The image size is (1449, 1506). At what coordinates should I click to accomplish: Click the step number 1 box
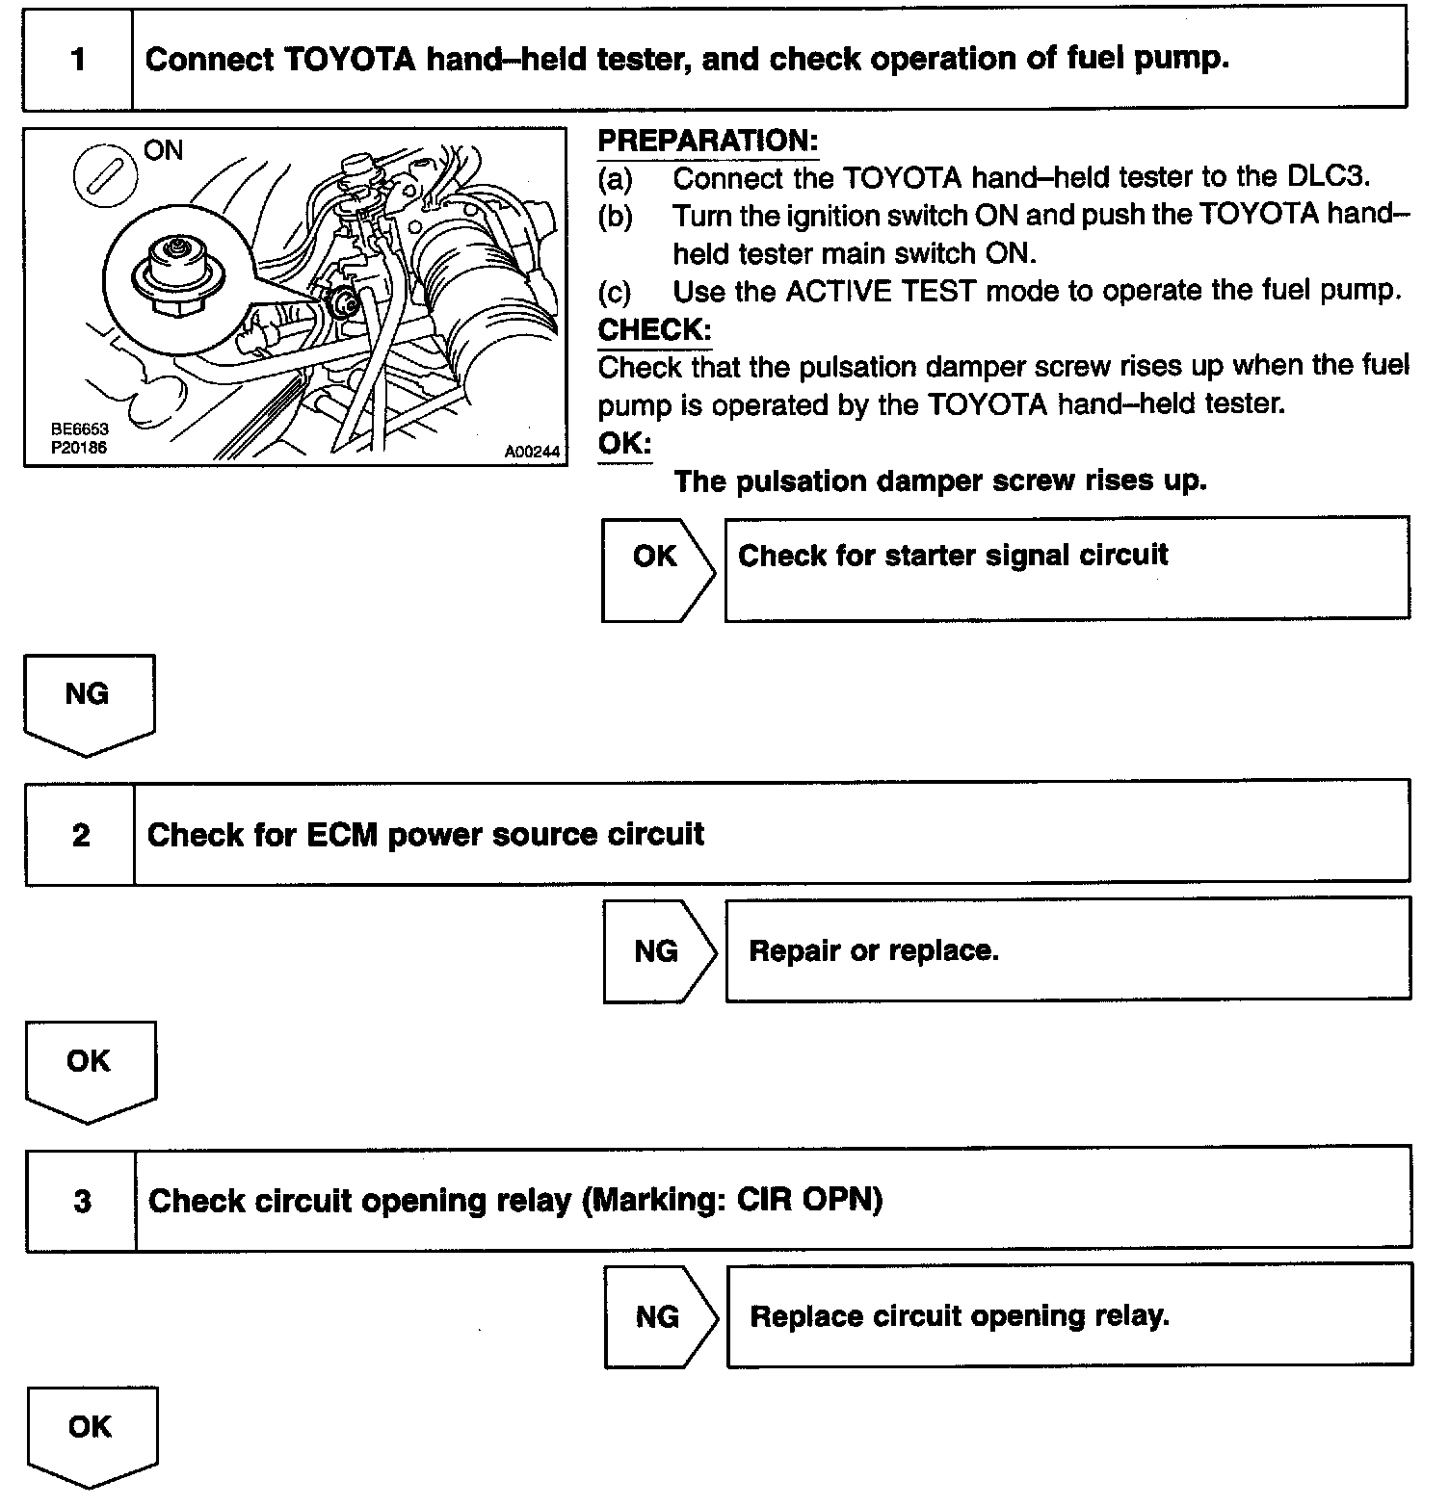click(77, 60)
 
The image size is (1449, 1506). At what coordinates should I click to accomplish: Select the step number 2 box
click(81, 835)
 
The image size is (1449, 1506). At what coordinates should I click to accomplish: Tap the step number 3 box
click(82, 1201)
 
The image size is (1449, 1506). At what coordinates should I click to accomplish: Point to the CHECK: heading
click(654, 329)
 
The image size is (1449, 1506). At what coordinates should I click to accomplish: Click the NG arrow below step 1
click(88, 701)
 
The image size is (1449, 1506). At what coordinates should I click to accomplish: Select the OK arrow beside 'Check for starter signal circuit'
click(657, 567)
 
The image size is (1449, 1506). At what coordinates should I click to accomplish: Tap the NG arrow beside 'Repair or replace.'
click(658, 951)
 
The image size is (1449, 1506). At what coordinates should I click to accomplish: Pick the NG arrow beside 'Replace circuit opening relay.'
click(660, 1316)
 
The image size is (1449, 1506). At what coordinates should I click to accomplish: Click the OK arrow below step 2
click(90, 1068)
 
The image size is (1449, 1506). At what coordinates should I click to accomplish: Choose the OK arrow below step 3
click(91, 1434)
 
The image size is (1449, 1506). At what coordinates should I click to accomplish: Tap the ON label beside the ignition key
click(163, 150)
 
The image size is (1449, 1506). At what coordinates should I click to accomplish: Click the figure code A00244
click(531, 451)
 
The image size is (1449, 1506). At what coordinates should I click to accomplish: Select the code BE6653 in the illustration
click(80, 430)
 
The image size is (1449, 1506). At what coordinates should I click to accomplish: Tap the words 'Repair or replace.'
click(874, 951)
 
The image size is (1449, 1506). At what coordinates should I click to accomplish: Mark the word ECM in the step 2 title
click(342, 835)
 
